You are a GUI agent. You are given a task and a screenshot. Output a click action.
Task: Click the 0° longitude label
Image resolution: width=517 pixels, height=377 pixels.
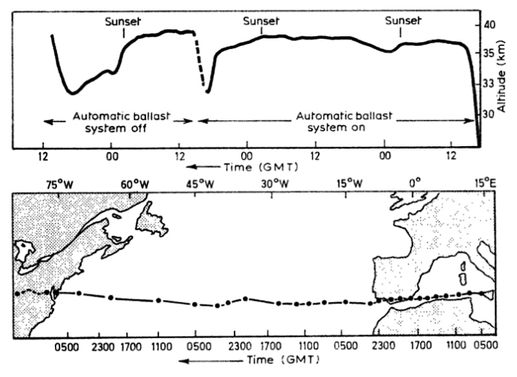click(x=416, y=183)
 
